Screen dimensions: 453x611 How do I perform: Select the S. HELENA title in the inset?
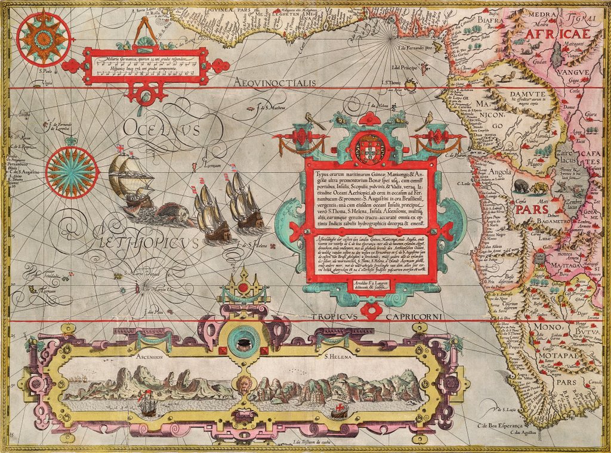(338, 356)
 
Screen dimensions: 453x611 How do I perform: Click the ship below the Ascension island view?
(147, 406)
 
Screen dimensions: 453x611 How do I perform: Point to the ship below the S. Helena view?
(340, 410)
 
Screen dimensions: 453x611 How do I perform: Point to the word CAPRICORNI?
(412, 317)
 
